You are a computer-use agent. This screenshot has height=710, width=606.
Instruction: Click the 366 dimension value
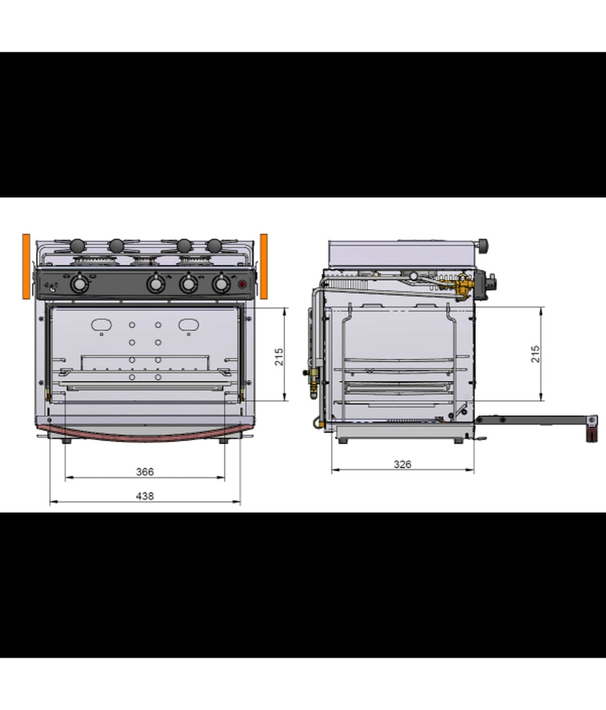145,472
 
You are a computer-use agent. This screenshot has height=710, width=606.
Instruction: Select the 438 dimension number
145,496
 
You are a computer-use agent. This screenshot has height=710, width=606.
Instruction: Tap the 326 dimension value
402,464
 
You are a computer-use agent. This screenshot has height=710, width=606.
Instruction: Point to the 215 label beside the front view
279,357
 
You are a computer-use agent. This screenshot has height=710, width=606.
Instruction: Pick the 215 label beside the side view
535,354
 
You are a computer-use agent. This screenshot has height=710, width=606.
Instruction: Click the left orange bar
26,266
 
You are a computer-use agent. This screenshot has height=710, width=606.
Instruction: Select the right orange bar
264,266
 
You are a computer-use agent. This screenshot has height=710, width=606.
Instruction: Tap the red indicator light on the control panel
242,285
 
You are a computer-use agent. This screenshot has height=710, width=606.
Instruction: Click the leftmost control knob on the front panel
79,284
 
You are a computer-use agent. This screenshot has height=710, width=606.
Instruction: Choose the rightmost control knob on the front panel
220,284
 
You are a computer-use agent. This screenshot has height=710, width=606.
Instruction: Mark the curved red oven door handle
145,434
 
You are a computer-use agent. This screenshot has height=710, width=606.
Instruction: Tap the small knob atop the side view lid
484,244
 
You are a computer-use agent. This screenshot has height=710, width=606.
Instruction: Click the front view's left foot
66,442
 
